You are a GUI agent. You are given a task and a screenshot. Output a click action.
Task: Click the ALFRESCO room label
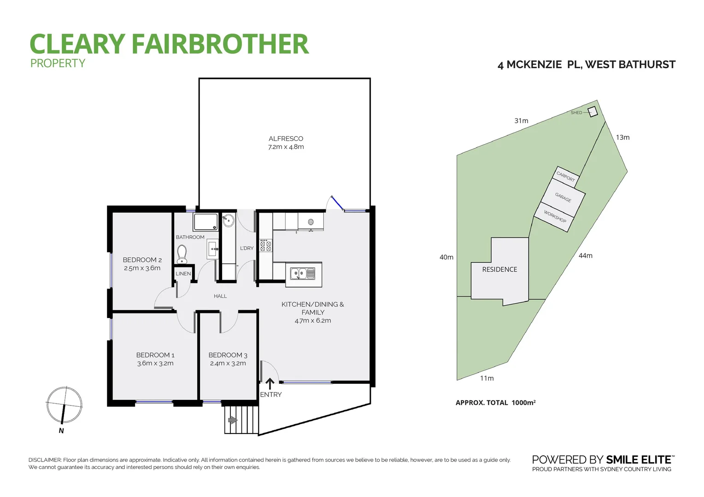coord(286,139)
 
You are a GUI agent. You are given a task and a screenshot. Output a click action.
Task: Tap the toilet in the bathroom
coord(182,254)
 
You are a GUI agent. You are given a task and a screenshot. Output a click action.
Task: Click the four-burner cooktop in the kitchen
coord(265,245)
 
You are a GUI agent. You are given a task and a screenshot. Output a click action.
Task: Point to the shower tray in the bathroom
coord(205,222)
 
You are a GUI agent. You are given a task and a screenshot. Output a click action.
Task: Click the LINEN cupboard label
coord(183,273)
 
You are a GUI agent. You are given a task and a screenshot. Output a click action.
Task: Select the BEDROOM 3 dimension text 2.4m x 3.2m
coord(228,363)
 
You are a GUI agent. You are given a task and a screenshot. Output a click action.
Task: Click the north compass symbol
coord(64,405)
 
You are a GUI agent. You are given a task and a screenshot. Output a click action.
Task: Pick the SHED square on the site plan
coord(593,112)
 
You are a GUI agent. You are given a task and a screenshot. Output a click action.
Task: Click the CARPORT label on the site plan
coord(566,176)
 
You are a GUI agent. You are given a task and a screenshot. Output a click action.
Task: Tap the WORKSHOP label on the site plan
coord(555,217)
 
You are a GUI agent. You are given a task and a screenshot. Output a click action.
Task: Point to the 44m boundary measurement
coord(586,255)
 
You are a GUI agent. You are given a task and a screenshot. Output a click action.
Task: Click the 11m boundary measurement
coord(487,378)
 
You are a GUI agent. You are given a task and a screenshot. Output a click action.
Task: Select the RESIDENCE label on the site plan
coord(499,269)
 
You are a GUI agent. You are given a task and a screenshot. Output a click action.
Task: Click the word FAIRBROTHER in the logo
coord(220,44)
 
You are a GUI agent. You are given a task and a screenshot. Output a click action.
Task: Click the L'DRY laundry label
coord(246,248)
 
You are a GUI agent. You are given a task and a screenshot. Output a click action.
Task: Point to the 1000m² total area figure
coord(523,403)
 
